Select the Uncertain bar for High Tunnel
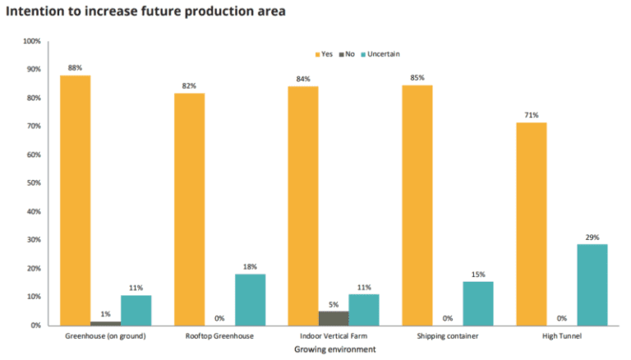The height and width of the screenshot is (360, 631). (592, 284)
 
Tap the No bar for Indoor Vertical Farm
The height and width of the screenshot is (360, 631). (333, 317)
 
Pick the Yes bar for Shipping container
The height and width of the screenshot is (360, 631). (417, 205)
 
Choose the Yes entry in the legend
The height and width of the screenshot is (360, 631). (322, 54)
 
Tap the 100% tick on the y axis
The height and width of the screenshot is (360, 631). (30, 41)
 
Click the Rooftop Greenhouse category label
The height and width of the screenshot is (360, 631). (219, 336)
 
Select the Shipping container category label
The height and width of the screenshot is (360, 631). (448, 336)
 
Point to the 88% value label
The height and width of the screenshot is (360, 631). (75, 67)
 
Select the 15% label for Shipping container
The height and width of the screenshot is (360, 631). (478, 274)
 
